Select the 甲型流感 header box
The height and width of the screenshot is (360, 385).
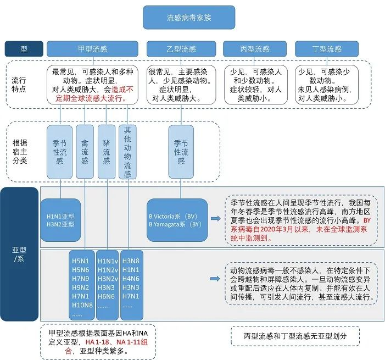[x=92, y=48]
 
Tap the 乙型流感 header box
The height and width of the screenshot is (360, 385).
[x=181, y=48]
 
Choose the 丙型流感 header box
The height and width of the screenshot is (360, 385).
[x=254, y=48]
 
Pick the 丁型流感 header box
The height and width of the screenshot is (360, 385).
[x=326, y=48]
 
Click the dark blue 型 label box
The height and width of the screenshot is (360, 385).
[x=24, y=49]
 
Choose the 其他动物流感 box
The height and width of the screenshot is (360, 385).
[x=127, y=152]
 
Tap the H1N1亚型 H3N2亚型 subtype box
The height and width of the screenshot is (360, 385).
[x=60, y=220]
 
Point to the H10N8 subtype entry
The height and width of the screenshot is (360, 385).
[x=82, y=305]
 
